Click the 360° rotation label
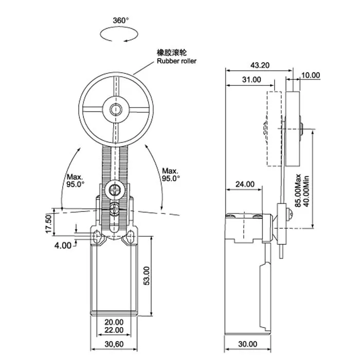121,21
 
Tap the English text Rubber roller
176,61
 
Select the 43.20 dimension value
260,65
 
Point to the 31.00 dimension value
251,80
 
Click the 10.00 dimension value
311,75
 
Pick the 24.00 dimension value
245,184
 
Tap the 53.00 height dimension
147,276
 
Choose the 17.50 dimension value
49,223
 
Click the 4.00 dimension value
63,246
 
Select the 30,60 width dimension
114,344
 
